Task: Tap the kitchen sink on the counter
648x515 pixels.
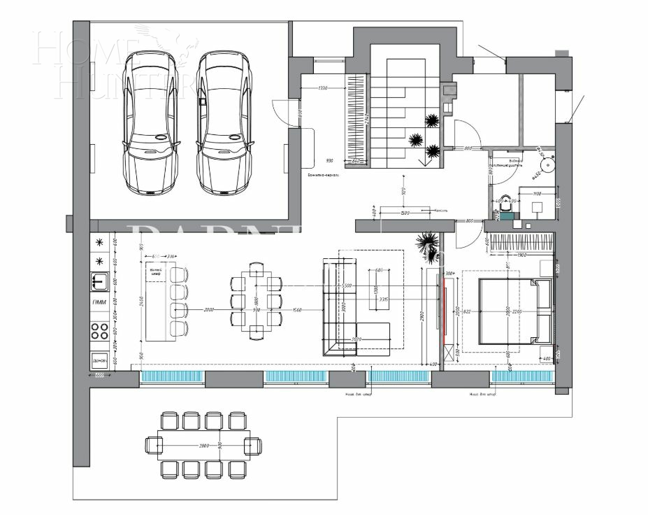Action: (99, 281)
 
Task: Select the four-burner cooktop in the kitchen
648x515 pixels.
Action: (99, 331)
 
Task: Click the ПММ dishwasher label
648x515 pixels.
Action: (99, 303)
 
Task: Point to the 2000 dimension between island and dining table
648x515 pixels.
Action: (208, 309)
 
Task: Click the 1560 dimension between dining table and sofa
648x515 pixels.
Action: (297, 309)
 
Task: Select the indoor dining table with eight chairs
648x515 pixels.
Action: (256, 301)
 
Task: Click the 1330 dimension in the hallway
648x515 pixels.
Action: (322, 87)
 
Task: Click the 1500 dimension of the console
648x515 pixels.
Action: (404, 212)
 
